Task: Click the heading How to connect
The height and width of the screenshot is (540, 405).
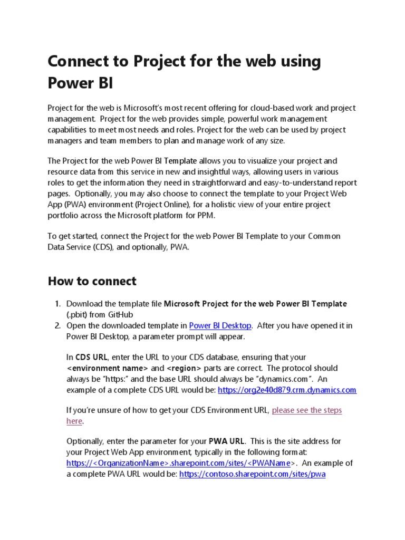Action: [x=92, y=281]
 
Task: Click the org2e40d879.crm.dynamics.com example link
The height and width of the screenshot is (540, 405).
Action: [x=287, y=390]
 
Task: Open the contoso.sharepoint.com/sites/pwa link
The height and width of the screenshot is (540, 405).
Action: [x=252, y=474]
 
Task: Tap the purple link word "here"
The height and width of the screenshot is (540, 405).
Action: [x=74, y=421]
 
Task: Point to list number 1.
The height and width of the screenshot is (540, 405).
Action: [x=57, y=304]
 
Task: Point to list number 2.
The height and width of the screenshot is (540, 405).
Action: [x=57, y=325]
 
